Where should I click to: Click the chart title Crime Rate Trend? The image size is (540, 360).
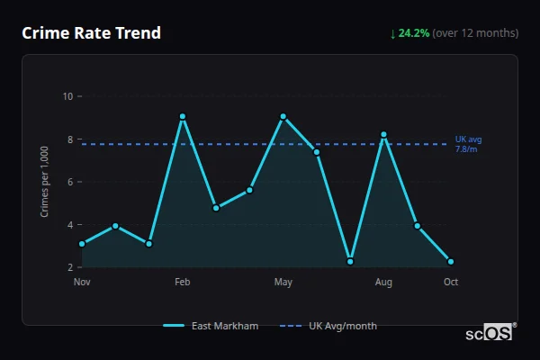[92, 33]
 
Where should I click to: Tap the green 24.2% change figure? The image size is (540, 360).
[414, 33]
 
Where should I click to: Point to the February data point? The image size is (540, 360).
[183, 116]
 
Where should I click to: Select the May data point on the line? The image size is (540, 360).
[283, 116]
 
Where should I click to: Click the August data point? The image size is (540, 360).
[383, 134]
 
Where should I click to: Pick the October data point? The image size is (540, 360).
[450, 262]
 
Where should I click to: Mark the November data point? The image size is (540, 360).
[82, 244]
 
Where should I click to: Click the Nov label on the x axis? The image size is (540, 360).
[82, 283]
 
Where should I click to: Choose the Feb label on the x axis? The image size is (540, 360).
[183, 283]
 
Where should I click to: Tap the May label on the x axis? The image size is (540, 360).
[283, 283]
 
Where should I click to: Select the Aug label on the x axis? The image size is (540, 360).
[383, 283]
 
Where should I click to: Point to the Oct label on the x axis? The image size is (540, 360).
[450, 283]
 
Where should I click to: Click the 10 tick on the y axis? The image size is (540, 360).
[67, 96]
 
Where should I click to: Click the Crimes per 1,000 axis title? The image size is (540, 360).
[44, 182]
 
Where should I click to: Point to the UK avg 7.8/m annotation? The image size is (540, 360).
[468, 144]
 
